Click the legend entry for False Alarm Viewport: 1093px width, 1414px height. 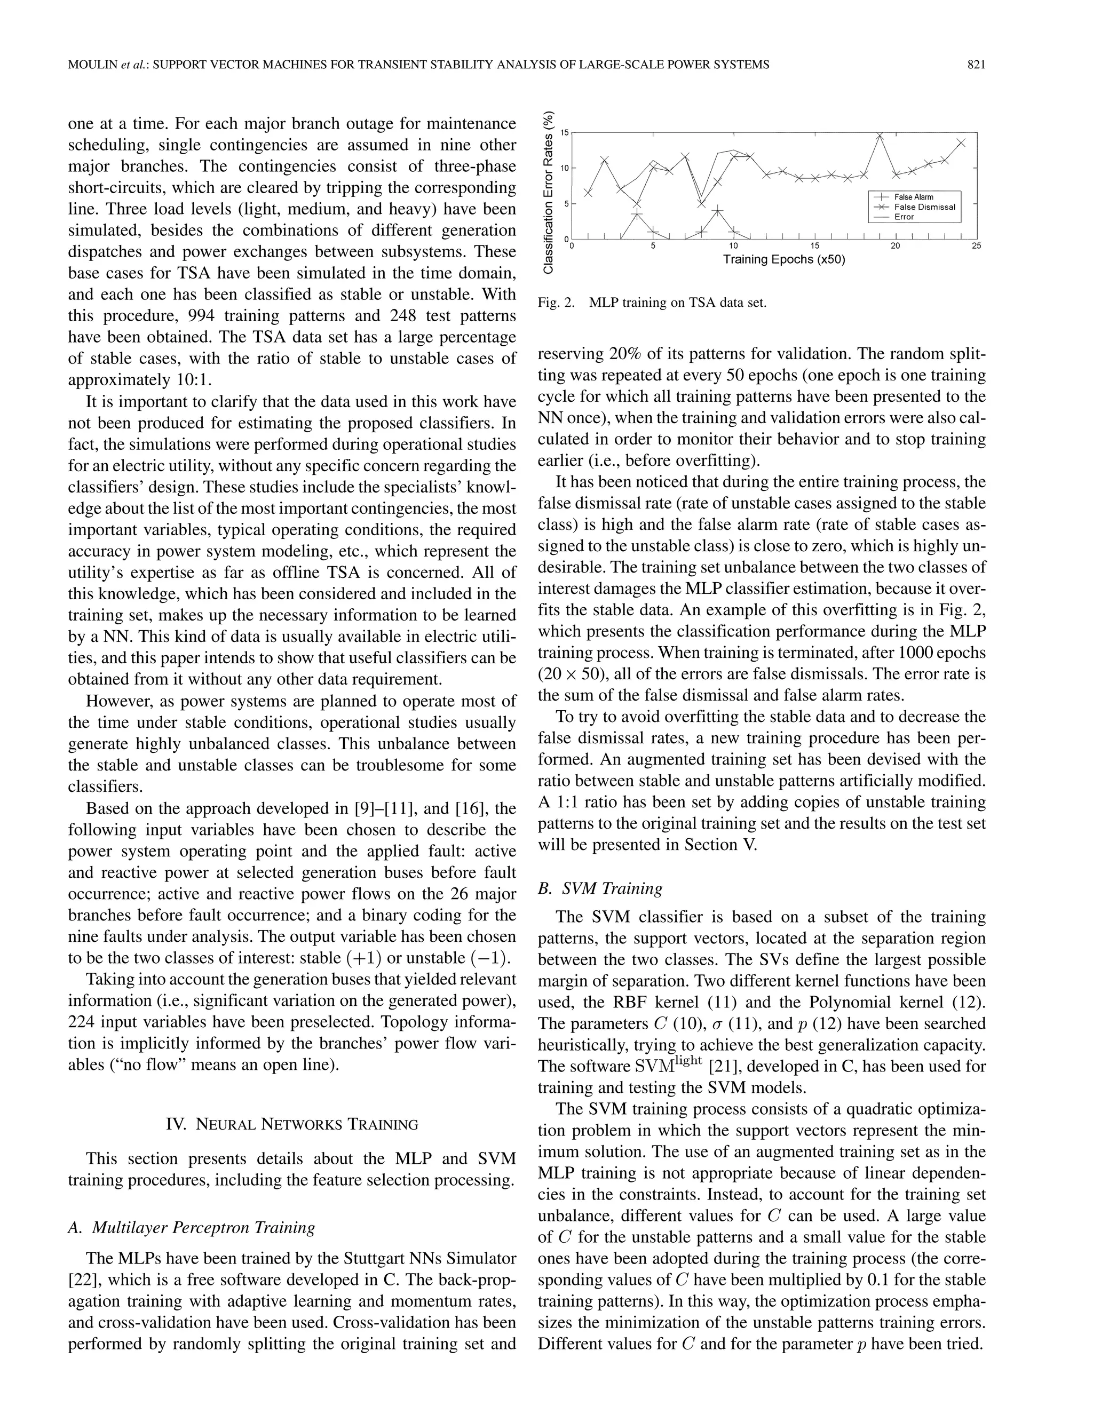[x=914, y=197]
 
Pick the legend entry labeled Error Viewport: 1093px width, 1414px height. [x=904, y=217]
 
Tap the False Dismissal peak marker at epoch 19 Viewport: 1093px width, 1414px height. [x=880, y=134]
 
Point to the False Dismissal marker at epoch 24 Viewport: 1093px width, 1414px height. [x=961, y=142]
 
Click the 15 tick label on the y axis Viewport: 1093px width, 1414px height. [x=564, y=133]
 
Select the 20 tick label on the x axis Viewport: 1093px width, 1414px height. [x=896, y=246]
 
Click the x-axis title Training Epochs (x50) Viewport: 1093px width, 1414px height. [x=783, y=260]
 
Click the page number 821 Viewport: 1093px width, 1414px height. [x=975, y=64]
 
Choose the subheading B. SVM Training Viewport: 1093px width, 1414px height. [x=600, y=888]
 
